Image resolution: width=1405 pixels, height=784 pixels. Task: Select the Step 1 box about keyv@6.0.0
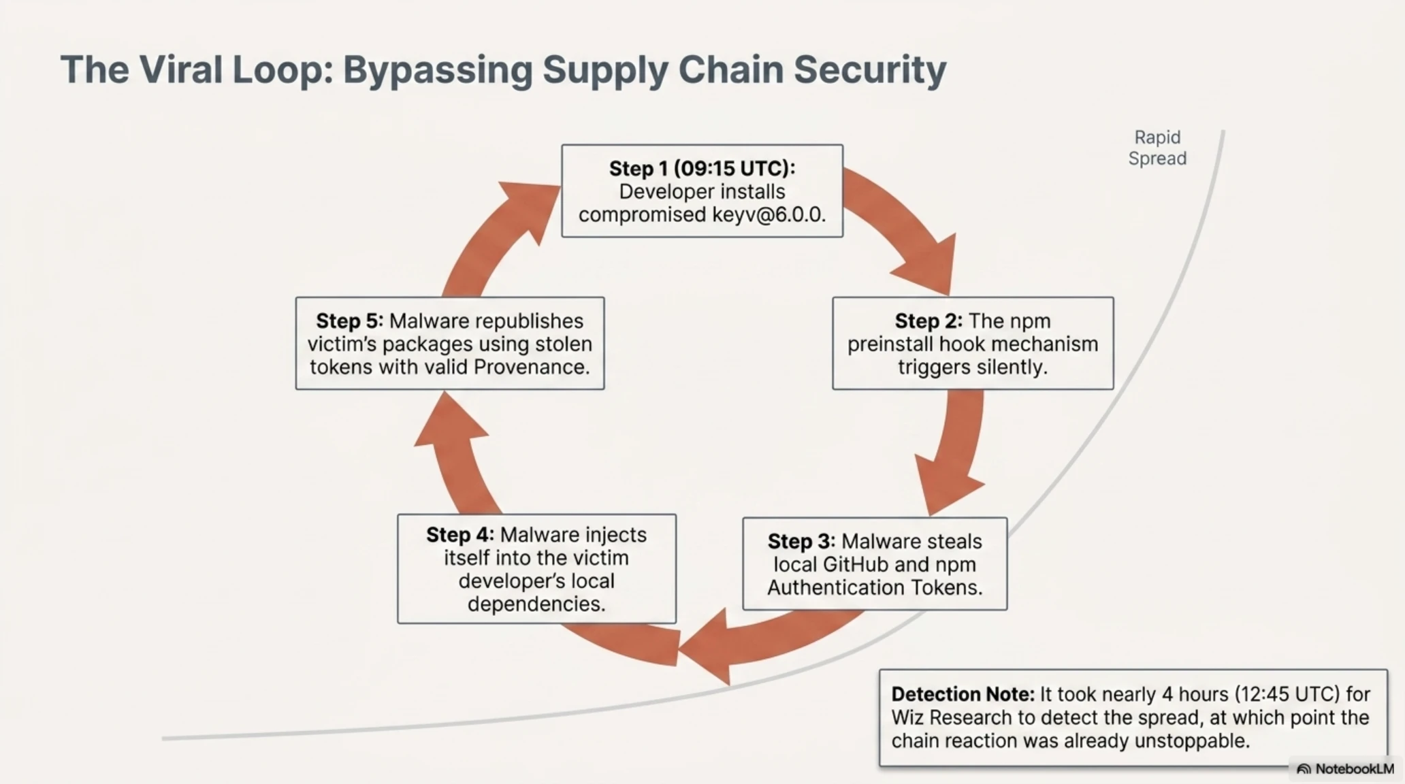pyautogui.click(x=702, y=191)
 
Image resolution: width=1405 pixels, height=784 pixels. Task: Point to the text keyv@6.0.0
pyautogui.click(x=769, y=214)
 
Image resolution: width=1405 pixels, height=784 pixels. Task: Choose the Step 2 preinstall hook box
pyautogui.click(x=973, y=343)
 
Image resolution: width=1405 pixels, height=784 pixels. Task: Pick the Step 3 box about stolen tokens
pyautogui.click(x=875, y=563)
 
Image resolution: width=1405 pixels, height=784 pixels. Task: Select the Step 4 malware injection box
pyautogui.click(x=536, y=569)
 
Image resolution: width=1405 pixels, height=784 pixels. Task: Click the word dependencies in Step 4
pyautogui.click(x=536, y=604)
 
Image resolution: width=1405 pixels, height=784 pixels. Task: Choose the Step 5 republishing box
pyautogui.click(x=450, y=343)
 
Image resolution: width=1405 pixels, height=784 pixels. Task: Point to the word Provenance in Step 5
pyautogui.click(x=532, y=367)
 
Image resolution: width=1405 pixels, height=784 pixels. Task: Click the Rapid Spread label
pyautogui.click(x=1157, y=148)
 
